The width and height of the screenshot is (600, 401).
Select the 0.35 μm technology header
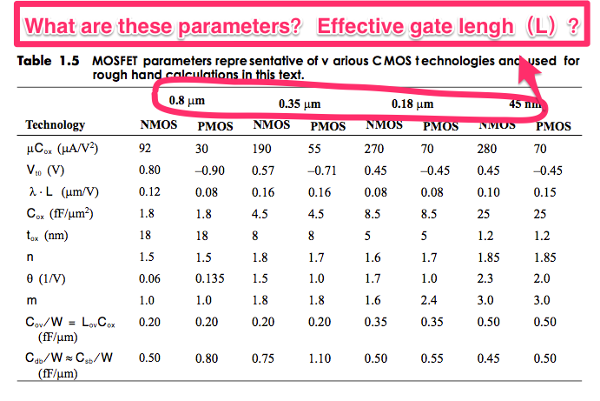pos(300,105)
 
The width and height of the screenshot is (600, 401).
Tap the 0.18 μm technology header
pos(412,105)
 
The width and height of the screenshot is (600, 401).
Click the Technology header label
pos(56,125)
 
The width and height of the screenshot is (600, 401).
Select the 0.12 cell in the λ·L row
pos(148,192)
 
